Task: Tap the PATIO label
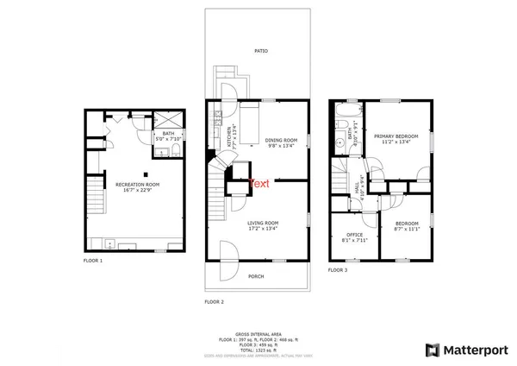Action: (261, 51)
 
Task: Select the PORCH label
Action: (256, 276)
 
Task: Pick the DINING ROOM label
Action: (281, 140)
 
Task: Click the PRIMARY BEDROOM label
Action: (396, 136)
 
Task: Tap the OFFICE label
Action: (355, 235)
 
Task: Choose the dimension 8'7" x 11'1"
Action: (406, 229)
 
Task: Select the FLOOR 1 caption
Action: (93, 260)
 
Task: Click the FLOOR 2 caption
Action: (214, 302)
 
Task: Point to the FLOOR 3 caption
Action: (338, 270)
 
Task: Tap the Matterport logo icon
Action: (433, 350)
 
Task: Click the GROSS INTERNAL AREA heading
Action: (258, 333)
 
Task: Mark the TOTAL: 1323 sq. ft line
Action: (258, 350)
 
